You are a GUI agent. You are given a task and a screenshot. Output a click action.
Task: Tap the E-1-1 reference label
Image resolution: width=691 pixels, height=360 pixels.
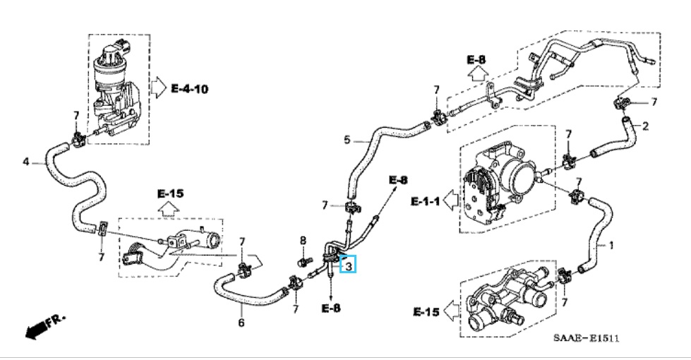pyautogui.click(x=426, y=202)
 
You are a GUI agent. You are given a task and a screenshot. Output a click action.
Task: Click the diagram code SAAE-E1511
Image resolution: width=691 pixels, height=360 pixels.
pyautogui.click(x=586, y=339)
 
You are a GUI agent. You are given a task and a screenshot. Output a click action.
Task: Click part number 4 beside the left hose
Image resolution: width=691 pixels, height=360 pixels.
pyautogui.click(x=26, y=162)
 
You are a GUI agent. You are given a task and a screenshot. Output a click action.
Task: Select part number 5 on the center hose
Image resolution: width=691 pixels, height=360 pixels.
pyautogui.click(x=347, y=140)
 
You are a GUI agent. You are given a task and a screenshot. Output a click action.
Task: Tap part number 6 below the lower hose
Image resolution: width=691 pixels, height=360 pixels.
pyautogui.click(x=241, y=323)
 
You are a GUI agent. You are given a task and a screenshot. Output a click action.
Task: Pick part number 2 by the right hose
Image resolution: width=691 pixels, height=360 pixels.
pyautogui.click(x=645, y=126)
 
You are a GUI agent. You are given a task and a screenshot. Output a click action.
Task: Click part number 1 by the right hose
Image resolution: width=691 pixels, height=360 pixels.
pyautogui.click(x=611, y=246)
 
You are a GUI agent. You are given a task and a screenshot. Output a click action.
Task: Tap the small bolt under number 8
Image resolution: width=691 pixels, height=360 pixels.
pyautogui.click(x=304, y=262)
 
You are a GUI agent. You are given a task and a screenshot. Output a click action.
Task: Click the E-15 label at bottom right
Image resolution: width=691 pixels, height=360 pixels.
pyautogui.click(x=426, y=311)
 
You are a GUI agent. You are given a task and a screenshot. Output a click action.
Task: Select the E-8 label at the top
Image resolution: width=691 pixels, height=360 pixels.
pyautogui.click(x=476, y=59)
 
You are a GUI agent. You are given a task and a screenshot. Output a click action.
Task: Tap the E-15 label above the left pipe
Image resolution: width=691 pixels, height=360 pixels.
pyautogui.click(x=170, y=193)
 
